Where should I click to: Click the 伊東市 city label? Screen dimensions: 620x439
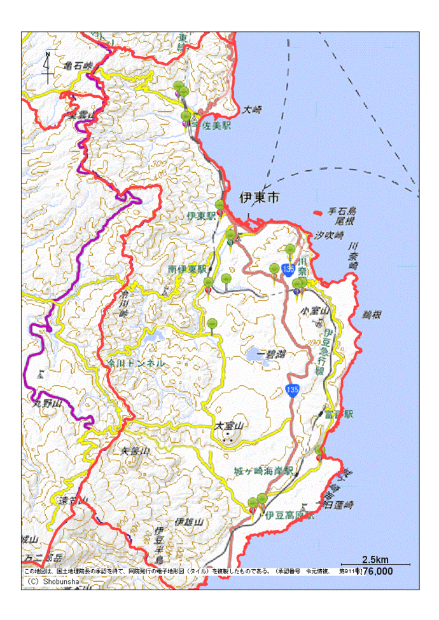click(x=259, y=198)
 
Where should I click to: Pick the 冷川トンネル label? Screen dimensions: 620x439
click(x=136, y=363)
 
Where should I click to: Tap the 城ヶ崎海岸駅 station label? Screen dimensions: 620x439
click(x=263, y=471)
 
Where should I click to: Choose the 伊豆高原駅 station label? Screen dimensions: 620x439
click(x=290, y=515)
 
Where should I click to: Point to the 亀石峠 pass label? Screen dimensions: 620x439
click(x=78, y=65)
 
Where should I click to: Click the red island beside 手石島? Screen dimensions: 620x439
click(x=317, y=212)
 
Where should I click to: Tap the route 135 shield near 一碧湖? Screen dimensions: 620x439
click(x=292, y=390)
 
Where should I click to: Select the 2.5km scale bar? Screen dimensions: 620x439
click(x=375, y=564)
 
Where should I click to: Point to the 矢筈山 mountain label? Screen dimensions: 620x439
click(x=135, y=451)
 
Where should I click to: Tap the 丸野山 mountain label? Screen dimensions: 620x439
click(x=46, y=402)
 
